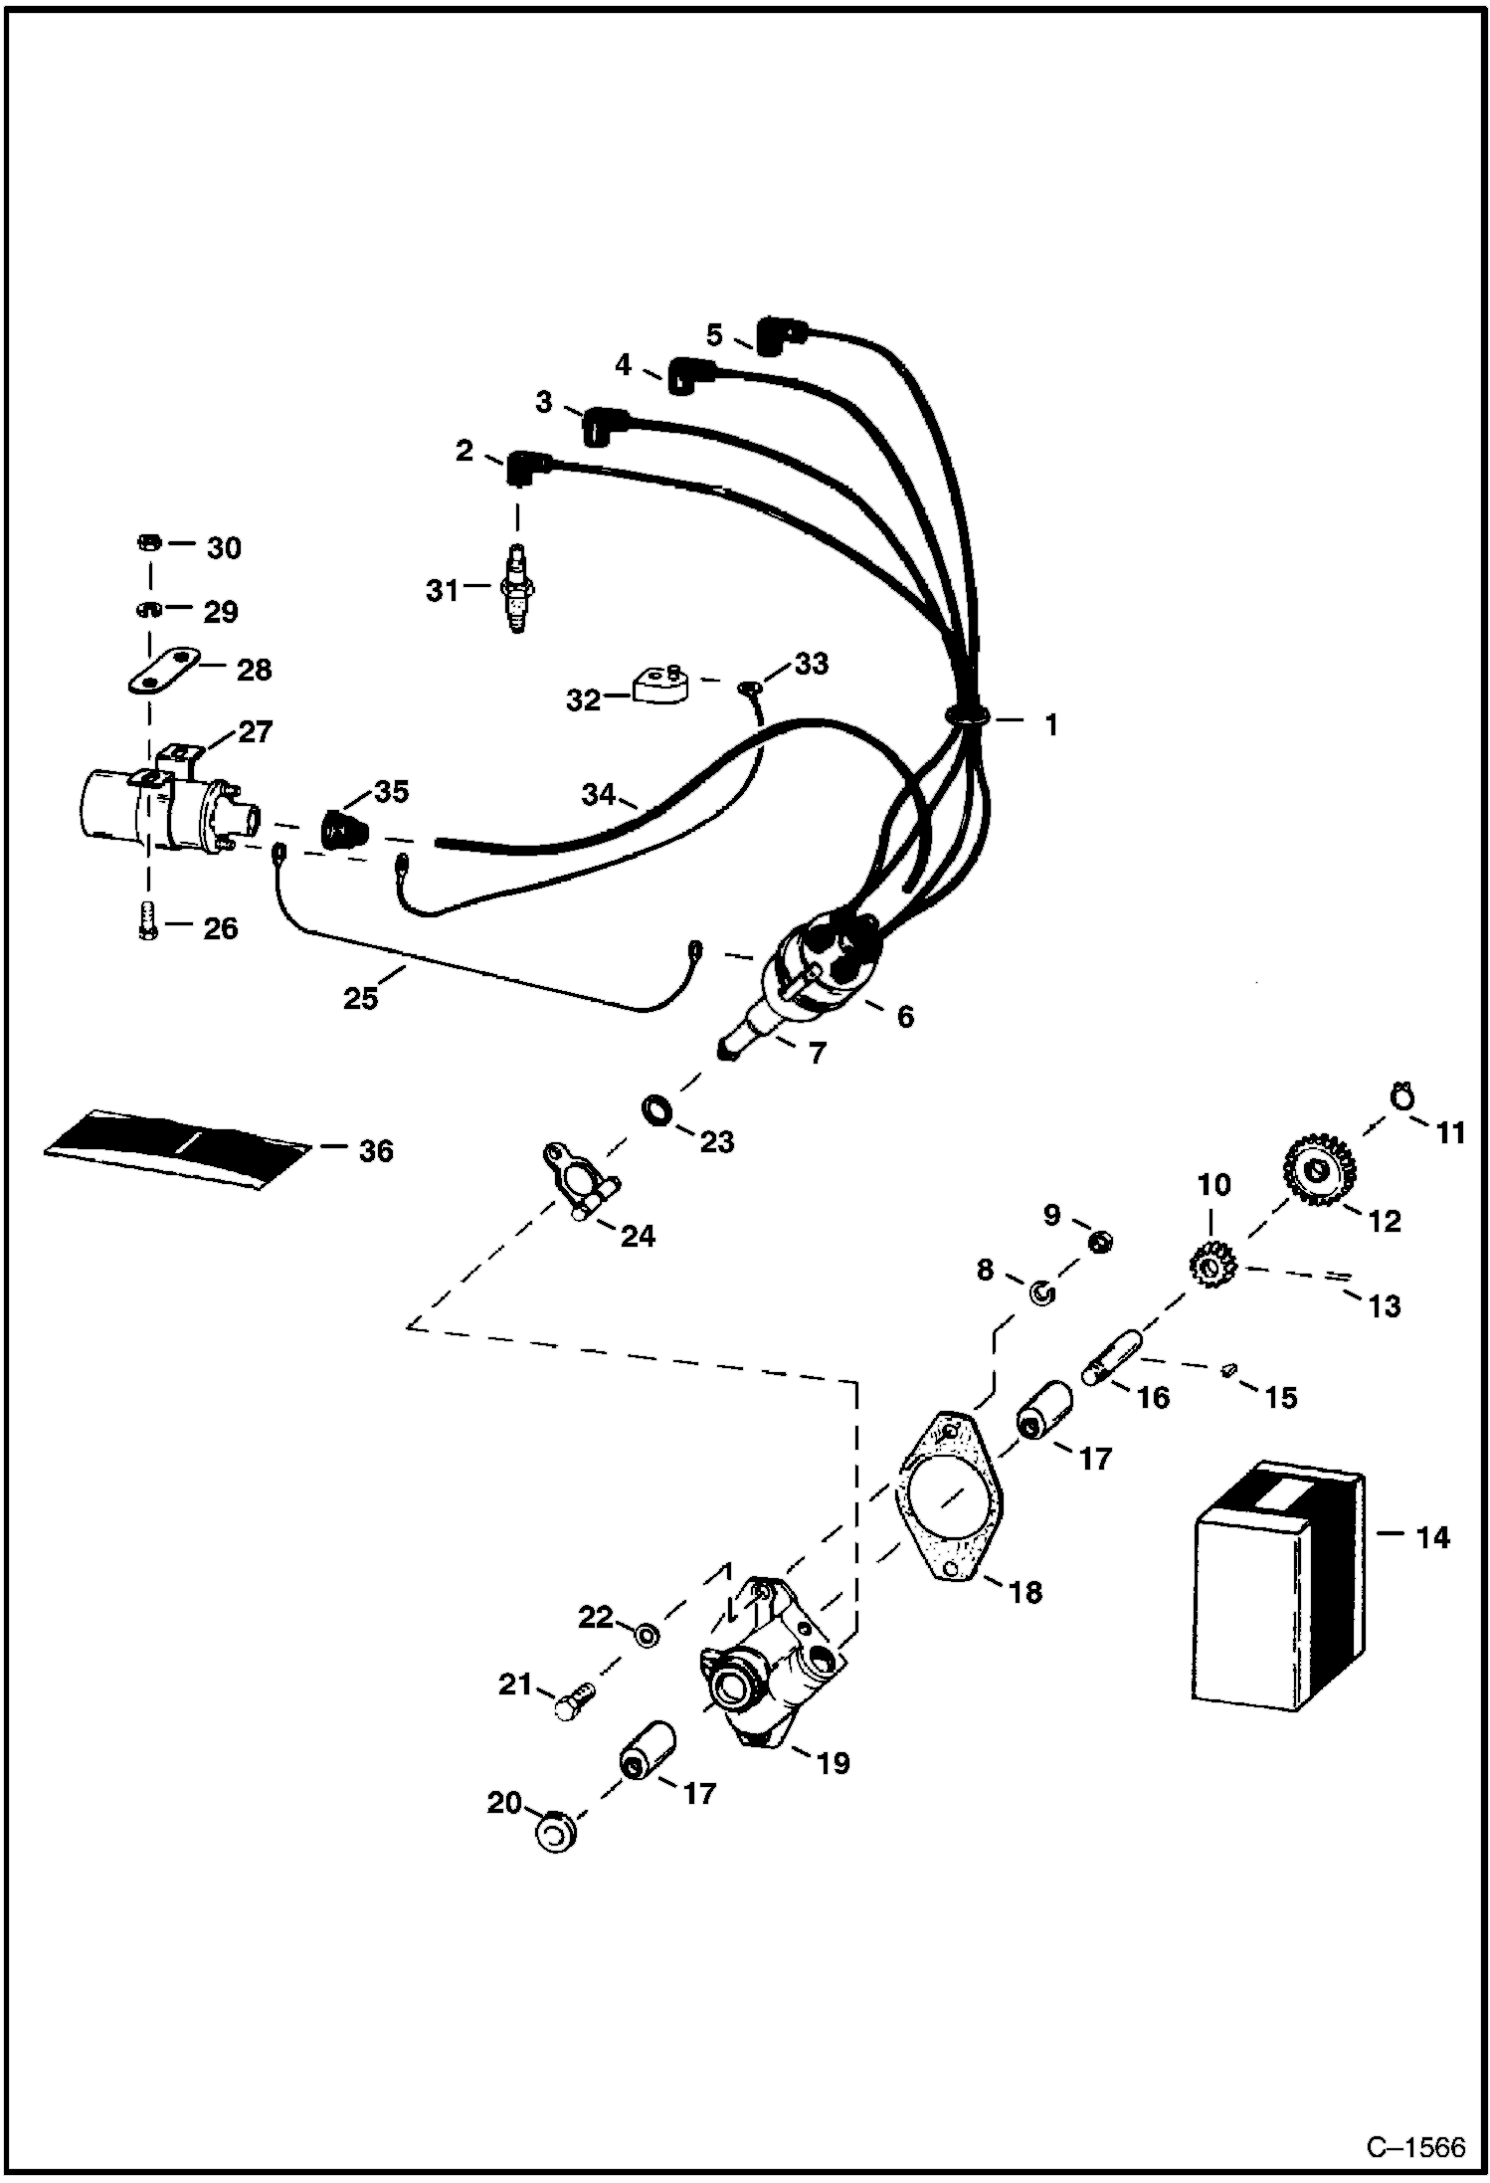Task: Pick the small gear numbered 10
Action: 1211,1267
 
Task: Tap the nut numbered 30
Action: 146,544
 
